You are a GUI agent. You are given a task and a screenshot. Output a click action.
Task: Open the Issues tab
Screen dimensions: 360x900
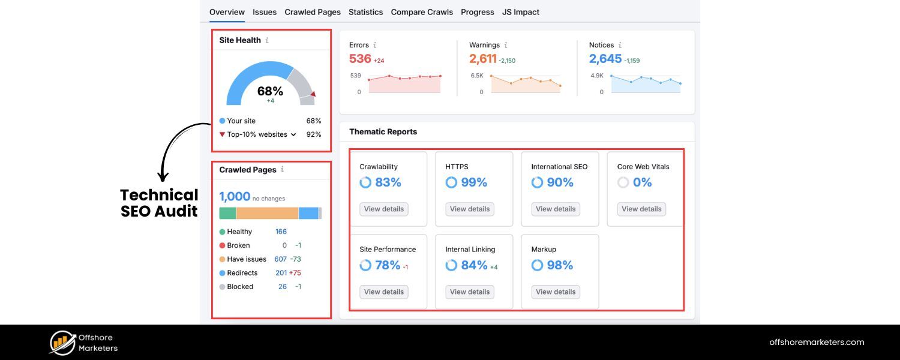pyautogui.click(x=265, y=12)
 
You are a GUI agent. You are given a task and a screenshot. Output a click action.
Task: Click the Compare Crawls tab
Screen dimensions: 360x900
pyautogui.click(x=422, y=12)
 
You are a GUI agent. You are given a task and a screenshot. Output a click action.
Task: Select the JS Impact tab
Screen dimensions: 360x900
pyautogui.click(x=521, y=12)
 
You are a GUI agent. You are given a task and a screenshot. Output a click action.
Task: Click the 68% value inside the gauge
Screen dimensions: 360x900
pyautogui.click(x=270, y=91)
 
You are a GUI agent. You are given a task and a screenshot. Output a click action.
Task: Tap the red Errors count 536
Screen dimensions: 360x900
pyautogui.click(x=360, y=59)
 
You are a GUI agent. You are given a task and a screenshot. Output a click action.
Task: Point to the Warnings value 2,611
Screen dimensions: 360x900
pyautogui.click(x=483, y=59)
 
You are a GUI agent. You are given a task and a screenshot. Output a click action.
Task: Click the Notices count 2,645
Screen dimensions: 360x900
pyautogui.click(x=605, y=59)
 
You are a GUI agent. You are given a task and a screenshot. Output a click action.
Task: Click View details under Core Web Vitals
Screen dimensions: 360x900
pyautogui.click(x=641, y=209)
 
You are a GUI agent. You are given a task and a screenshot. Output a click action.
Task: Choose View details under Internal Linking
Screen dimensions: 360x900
pyautogui.click(x=470, y=292)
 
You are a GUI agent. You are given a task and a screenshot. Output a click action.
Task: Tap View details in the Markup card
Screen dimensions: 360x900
pyautogui.click(x=556, y=292)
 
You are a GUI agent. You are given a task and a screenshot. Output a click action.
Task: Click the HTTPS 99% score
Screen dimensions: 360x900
pyautogui.click(x=473, y=182)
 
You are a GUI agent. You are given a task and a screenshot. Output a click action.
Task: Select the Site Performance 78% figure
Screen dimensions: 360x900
pyautogui.click(x=387, y=265)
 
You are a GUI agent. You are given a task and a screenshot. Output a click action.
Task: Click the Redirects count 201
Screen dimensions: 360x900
pyautogui.click(x=281, y=273)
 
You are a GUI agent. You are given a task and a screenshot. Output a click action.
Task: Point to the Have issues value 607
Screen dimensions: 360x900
pyautogui.click(x=280, y=259)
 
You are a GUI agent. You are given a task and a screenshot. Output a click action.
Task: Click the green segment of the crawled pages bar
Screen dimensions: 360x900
pyautogui.click(x=227, y=213)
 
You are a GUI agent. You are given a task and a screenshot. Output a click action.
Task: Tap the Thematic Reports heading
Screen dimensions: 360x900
pyautogui.click(x=383, y=131)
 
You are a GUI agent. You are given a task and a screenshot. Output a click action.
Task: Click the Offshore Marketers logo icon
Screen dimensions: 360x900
pyautogui.click(x=62, y=343)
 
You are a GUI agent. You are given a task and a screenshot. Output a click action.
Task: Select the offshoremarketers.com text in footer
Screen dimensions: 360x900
pyautogui.click(x=817, y=343)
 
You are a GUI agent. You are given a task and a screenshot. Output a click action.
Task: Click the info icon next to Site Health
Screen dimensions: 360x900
pyautogui.click(x=267, y=40)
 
